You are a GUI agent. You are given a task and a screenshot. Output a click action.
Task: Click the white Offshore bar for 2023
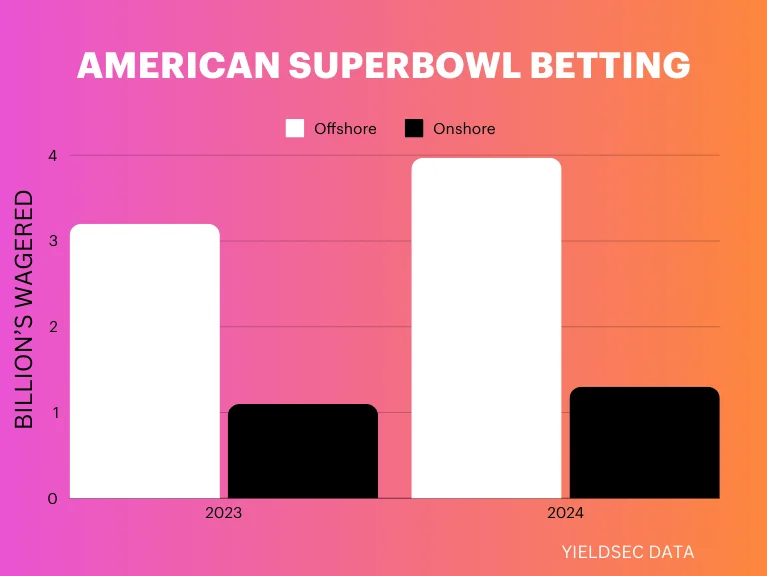tap(145, 361)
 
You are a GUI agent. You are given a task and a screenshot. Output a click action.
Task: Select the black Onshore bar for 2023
tap(303, 451)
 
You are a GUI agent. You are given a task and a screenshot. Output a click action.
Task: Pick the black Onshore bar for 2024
tap(644, 442)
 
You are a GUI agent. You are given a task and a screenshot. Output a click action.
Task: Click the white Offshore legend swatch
tap(295, 128)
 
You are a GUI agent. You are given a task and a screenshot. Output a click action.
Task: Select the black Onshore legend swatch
tap(414, 128)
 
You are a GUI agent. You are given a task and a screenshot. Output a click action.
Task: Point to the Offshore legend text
tap(345, 128)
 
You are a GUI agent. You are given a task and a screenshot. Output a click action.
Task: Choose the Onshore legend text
tap(464, 128)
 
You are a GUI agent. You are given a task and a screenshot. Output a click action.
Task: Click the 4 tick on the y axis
tap(52, 156)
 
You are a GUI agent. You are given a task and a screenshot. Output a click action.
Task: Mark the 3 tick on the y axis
tap(52, 241)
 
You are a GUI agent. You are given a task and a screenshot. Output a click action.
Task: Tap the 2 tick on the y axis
tap(52, 327)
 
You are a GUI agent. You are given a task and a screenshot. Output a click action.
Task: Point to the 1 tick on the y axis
tap(52, 412)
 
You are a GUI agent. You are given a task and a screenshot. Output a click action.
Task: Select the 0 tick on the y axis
tap(52, 498)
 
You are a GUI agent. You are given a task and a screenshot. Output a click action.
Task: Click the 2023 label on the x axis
tap(223, 514)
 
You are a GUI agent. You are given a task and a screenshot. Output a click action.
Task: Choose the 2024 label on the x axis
tap(564, 514)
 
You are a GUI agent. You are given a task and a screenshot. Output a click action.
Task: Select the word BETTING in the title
tap(609, 66)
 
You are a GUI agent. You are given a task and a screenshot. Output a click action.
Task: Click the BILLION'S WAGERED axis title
tap(25, 310)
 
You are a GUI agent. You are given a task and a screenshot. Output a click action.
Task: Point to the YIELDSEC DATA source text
tap(628, 551)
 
